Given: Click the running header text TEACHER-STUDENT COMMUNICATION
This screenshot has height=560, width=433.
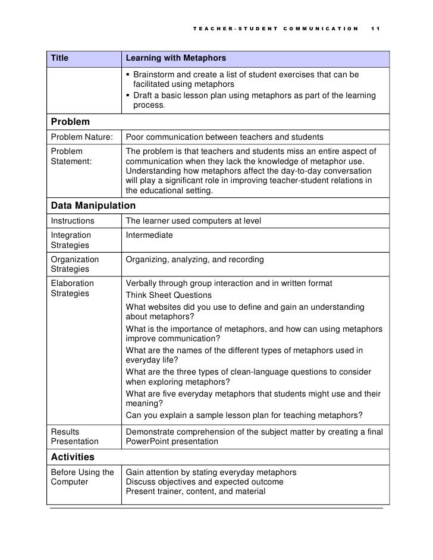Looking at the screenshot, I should click(x=276, y=29).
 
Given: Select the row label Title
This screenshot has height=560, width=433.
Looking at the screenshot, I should click(x=59, y=58).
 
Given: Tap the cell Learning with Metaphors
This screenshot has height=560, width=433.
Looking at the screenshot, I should click(x=175, y=58).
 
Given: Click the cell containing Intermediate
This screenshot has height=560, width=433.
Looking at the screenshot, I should click(x=149, y=236).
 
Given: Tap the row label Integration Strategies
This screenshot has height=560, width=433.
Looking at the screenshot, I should click(x=71, y=241).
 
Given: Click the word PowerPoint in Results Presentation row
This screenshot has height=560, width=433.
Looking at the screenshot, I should click(x=149, y=442).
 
